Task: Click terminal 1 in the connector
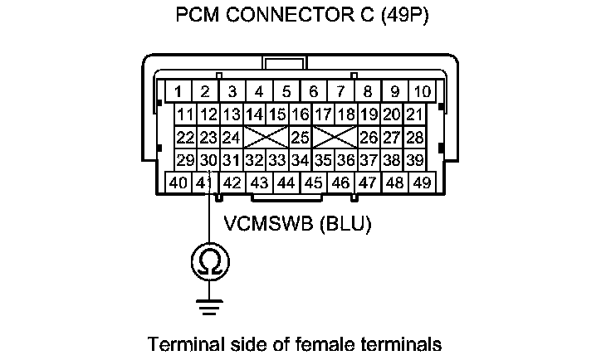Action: click(x=178, y=91)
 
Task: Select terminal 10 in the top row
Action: click(x=423, y=91)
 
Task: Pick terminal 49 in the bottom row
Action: click(x=423, y=182)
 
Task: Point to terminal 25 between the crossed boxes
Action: click(x=300, y=137)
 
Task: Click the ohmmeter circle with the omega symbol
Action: click(x=209, y=263)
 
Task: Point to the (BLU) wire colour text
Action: click(x=346, y=224)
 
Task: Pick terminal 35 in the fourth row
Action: click(x=324, y=159)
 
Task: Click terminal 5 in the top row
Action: click(x=286, y=91)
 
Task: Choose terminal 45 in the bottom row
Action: click(x=314, y=182)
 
